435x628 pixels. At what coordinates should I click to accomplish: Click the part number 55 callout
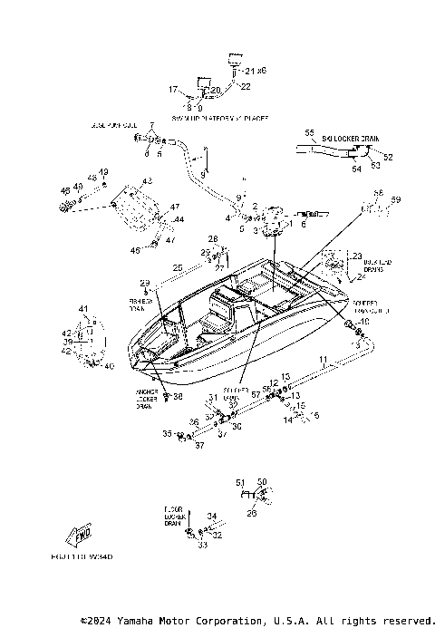(309, 133)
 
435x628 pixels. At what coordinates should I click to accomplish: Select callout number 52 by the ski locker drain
(388, 157)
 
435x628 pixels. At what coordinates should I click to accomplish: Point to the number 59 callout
(395, 199)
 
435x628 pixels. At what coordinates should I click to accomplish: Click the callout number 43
(147, 182)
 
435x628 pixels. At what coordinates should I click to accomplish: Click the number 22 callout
(244, 86)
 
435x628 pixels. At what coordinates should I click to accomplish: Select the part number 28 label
(213, 238)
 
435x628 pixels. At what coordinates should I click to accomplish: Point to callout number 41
(83, 310)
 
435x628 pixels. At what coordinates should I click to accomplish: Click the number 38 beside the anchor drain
(178, 396)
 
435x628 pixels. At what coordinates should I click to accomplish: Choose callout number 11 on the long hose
(323, 361)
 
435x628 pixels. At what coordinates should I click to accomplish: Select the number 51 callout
(240, 482)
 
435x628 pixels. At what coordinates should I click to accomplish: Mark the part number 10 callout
(365, 323)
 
